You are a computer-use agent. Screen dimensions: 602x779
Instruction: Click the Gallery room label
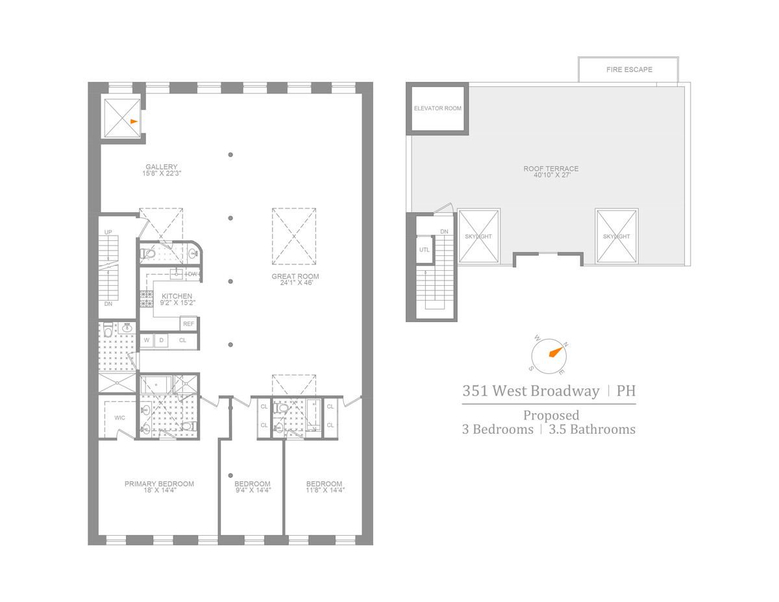click(161, 167)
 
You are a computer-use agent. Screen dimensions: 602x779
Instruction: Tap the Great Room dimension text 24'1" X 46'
click(295, 284)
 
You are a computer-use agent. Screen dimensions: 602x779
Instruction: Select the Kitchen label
click(177, 296)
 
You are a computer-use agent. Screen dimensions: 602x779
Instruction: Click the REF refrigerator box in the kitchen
click(188, 323)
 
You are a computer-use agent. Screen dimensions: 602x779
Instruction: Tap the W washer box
click(147, 340)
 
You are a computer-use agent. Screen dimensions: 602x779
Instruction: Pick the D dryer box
click(162, 340)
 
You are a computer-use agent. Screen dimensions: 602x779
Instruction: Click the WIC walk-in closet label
click(119, 418)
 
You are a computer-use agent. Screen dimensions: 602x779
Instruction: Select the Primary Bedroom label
click(159, 484)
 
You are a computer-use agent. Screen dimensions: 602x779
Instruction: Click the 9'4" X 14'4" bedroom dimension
click(253, 491)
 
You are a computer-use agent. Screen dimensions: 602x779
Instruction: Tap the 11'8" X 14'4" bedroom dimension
click(324, 491)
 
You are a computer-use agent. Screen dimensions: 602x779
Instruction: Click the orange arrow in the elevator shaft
click(134, 121)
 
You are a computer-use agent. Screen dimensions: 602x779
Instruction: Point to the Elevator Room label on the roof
click(438, 108)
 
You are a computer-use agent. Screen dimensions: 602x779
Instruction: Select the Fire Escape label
click(629, 69)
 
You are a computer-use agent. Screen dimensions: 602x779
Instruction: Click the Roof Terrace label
click(551, 169)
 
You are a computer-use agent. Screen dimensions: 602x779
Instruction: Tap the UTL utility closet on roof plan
click(425, 249)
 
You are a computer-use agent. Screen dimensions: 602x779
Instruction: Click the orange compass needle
click(555, 353)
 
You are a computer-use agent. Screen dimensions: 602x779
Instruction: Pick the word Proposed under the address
click(551, 415)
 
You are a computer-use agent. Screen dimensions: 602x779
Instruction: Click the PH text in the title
click(626, 391)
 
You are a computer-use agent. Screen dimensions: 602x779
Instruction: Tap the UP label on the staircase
click(108, 232)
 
